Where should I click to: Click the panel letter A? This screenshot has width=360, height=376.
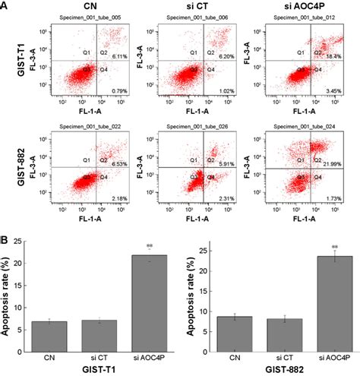[x=5, y=6]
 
